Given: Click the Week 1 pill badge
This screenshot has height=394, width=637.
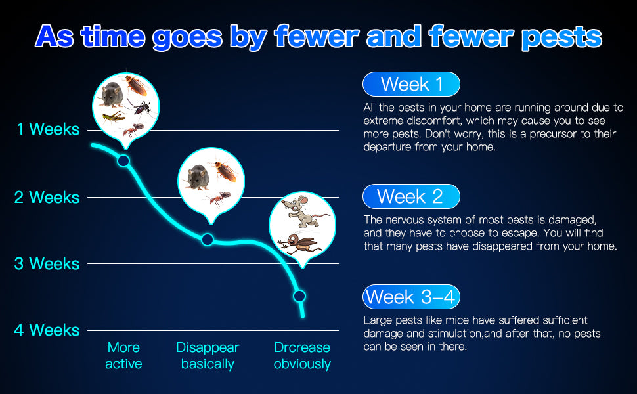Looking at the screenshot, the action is click(x=411, y=84).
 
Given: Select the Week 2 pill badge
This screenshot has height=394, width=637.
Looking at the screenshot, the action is click(x=411, y=196).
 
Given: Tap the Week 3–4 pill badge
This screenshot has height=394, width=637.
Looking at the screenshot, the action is click(x=411, y=297).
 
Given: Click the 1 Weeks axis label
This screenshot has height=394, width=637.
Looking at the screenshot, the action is click(x=48, y=129).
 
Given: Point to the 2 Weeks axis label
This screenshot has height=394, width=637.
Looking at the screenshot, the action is click(x=47, y=198).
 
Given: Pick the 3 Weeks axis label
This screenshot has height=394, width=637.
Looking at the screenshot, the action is click(x=47, y=263).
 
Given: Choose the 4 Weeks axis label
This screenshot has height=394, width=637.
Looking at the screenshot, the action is click(x=47, y=330).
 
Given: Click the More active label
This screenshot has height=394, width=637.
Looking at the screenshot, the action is click(x=123, y=355).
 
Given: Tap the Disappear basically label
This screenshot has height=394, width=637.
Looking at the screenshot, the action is click(x=208, y=355).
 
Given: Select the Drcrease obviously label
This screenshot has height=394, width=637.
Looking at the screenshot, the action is click(x=302, y=355).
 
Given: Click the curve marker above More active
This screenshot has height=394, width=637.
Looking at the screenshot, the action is click(x=123, y=161).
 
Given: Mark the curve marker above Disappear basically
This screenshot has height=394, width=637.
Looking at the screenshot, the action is click(x=208, y=240).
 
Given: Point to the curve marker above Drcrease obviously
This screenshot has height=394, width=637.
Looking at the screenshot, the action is click(x=299, y=296).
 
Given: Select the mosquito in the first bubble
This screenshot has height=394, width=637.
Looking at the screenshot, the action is click(x=140, y=107).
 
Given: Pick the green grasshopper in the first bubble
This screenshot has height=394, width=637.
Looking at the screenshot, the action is click(x=114, y=117).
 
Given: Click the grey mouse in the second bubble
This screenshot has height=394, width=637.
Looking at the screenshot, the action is click(x=198, y=177).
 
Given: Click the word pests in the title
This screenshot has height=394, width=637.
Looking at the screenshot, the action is click(x=561, y=37).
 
